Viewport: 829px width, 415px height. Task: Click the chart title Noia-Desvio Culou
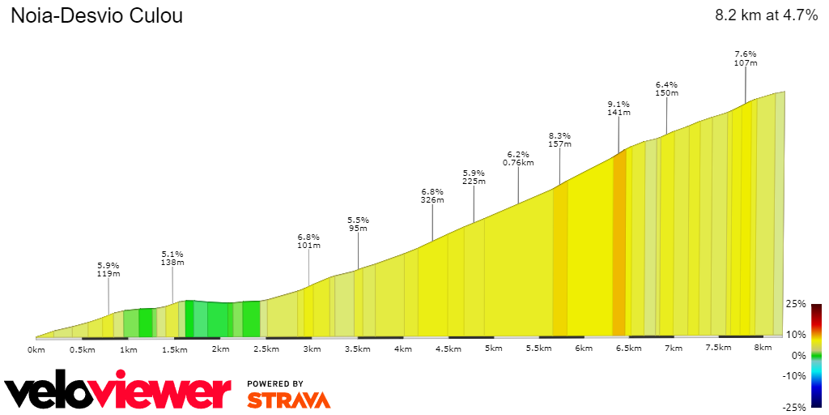click(x=96, y=16)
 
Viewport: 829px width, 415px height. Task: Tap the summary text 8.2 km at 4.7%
click(x=766, y=15)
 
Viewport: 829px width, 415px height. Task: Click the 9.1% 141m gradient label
click(x=619, y=109)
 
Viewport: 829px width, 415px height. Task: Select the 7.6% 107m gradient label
click(x=745, y=58)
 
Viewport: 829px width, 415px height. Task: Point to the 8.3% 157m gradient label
click(x=559, y=140)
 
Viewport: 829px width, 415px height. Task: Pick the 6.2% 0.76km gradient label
click(x=518, y=158)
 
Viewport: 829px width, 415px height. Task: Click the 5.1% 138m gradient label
click(x=172, y=258)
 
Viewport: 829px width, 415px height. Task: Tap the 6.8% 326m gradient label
click(x=432, y=195)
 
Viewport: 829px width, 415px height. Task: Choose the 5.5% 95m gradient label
click(x=358, y=224)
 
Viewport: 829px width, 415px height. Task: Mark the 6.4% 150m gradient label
click(x=666, y=88)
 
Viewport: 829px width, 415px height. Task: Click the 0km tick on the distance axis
click(x=36, y=349)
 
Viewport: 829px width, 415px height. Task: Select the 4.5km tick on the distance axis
click(x=449, y=349)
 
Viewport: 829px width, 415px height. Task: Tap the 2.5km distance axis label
click(x=266, y=349)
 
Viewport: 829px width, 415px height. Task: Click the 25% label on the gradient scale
click(x=796, y=304)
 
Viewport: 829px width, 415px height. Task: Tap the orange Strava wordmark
click(x=288, y=400)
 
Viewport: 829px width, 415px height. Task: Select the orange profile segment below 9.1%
click(x=619, y=243)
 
